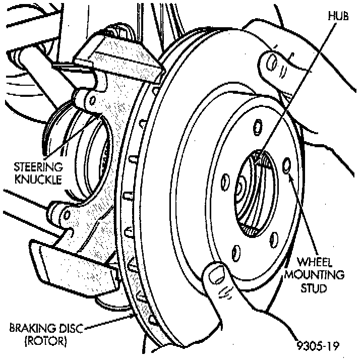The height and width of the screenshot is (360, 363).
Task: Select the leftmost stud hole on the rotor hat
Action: [x=225, y=179]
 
